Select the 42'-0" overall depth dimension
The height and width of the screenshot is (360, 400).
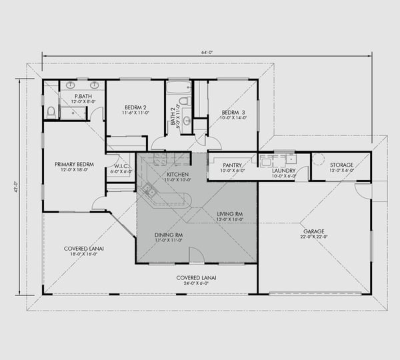13,189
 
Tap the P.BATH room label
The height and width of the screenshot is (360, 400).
83,97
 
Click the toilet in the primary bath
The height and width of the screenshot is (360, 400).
51,111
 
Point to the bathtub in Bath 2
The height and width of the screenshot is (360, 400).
178,87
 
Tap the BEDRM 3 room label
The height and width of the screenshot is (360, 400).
234,112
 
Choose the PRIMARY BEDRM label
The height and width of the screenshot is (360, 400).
75,164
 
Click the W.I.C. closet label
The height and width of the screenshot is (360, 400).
121,166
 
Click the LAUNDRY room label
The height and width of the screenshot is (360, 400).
284,171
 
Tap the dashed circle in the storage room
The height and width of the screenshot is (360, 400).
319,160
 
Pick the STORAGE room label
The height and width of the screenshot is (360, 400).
341,165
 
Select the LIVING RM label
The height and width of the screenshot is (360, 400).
230,214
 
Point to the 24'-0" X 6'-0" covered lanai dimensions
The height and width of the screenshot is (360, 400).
195,283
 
